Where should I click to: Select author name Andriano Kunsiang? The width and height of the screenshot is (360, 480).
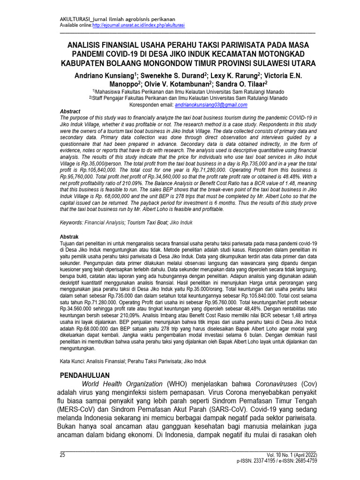coord(104,75)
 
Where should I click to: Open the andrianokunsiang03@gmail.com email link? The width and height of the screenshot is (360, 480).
coord(211,106)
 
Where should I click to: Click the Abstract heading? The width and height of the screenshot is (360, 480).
coord(71,111)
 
